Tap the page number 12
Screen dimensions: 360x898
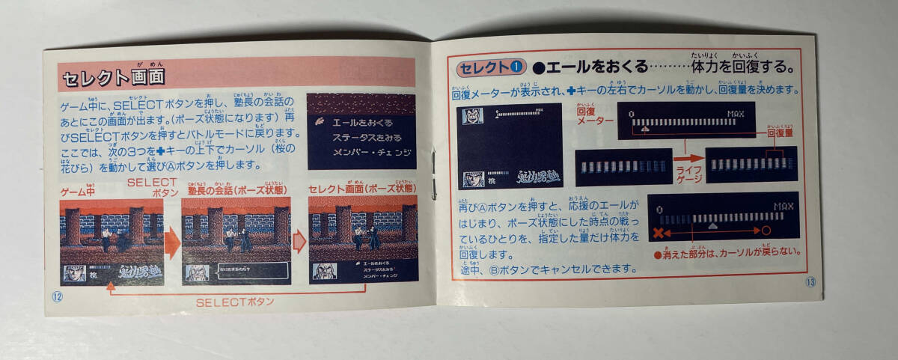[58, 293]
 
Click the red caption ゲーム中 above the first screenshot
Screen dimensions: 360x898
[77, 192]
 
